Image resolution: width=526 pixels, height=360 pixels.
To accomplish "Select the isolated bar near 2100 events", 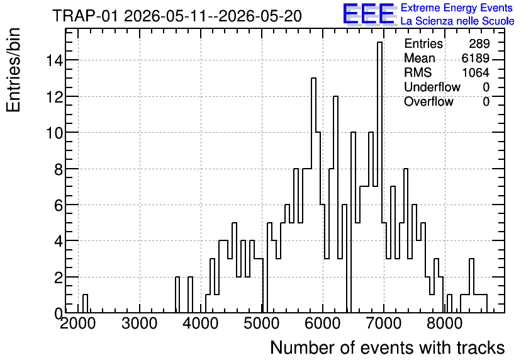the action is (x=85, y=303).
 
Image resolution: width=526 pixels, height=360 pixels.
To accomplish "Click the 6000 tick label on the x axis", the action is (x=322, y=323).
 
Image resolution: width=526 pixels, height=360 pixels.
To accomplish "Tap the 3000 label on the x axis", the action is (x=139, y=323).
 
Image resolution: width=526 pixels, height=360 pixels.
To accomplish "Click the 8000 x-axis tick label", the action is (x=445, y=323).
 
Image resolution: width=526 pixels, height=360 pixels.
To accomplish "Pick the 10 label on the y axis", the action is (x=55, y=133).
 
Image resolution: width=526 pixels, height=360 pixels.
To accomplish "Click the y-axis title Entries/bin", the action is (x=14, y=70).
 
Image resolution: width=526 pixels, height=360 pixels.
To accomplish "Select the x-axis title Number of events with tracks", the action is (x=388, y=347).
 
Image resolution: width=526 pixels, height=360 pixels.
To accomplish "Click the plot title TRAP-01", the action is (x=85, y=16).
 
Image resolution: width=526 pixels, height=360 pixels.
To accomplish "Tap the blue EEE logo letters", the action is (x=369, y=14).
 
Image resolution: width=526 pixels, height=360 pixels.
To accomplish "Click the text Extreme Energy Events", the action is (x=457, y=8).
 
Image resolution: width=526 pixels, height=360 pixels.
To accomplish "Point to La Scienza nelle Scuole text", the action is (x=457, y=21).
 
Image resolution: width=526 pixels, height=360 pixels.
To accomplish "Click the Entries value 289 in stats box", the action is (x=479, y=43).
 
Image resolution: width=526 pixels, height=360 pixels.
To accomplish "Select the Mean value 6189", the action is (x=475, y=58).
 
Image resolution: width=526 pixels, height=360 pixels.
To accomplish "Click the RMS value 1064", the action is (x=475, y=72).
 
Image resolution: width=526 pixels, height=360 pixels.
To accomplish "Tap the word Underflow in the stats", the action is (x=432, y=87).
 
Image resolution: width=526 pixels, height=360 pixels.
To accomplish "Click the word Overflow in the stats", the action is (x=428, y=101).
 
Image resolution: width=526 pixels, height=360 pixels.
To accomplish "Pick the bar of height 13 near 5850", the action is (x=314, y=195).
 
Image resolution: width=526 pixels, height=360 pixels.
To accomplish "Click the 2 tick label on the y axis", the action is (x=59, y=278).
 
